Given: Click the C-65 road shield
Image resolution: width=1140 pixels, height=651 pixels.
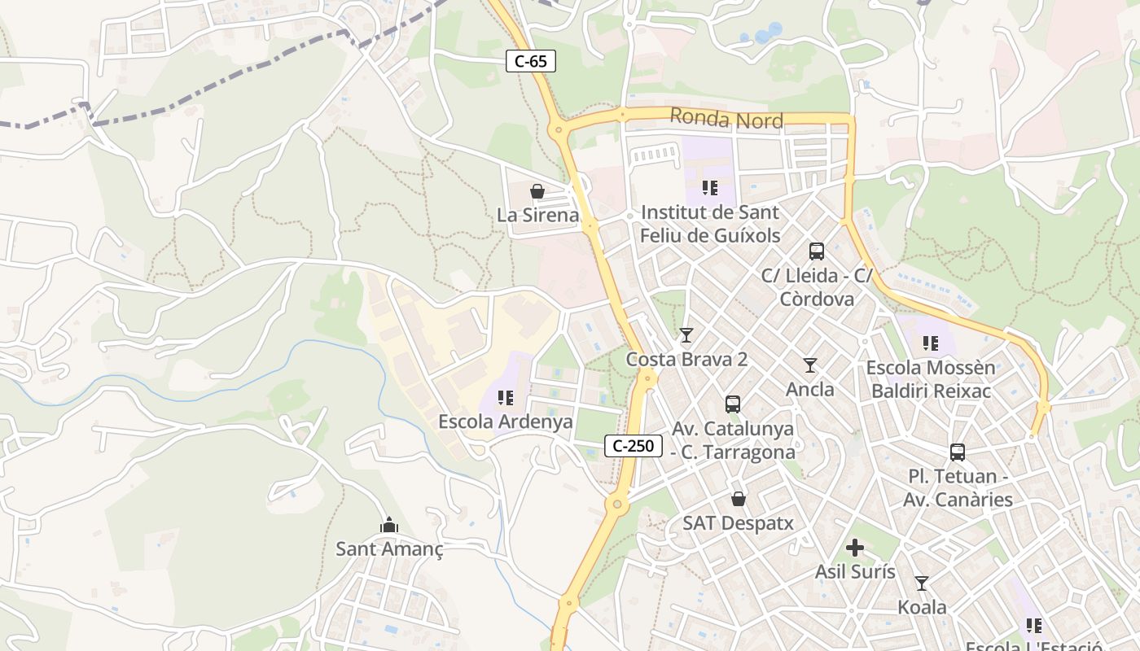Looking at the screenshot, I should (531, 61).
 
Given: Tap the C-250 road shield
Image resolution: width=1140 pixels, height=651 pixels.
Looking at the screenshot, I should (634, 445).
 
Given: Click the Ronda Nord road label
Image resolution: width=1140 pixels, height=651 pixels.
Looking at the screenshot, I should (726, 120).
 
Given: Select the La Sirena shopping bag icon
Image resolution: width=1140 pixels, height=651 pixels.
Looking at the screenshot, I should (537, 191).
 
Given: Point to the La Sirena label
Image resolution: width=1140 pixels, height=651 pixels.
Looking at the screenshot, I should (537, 216).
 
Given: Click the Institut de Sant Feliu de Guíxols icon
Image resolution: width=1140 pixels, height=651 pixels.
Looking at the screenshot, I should (709, 189).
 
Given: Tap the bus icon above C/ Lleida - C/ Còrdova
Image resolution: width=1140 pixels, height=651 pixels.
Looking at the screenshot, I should (817, 251).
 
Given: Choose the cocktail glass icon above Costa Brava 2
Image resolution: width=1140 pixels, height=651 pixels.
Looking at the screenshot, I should (686, 334).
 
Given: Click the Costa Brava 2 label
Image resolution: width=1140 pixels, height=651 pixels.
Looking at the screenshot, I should (686, 359).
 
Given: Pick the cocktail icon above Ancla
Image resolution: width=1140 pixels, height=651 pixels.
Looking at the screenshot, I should (810, 365).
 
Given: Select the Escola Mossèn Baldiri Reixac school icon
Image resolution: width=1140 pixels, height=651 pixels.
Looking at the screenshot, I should (930, 344).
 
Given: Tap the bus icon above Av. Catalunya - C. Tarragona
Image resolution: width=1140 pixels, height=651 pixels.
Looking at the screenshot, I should (733, 404).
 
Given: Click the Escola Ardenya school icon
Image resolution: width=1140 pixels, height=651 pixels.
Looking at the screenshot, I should (506, 398).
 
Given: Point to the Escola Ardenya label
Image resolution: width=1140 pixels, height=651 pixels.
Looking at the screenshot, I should (506, 422).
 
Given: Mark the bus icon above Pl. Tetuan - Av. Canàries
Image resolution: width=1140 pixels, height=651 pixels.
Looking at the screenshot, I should (958, 452).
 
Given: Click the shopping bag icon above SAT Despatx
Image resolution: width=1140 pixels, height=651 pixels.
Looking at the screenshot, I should (738, 499).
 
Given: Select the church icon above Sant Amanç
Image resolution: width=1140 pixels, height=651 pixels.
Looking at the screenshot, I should (389, 525).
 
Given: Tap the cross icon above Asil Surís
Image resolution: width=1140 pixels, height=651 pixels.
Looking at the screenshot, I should (855, 548).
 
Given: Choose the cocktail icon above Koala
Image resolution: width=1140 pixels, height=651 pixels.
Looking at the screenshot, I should (922, 583).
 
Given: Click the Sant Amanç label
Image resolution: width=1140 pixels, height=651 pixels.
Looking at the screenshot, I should (389, 549).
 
